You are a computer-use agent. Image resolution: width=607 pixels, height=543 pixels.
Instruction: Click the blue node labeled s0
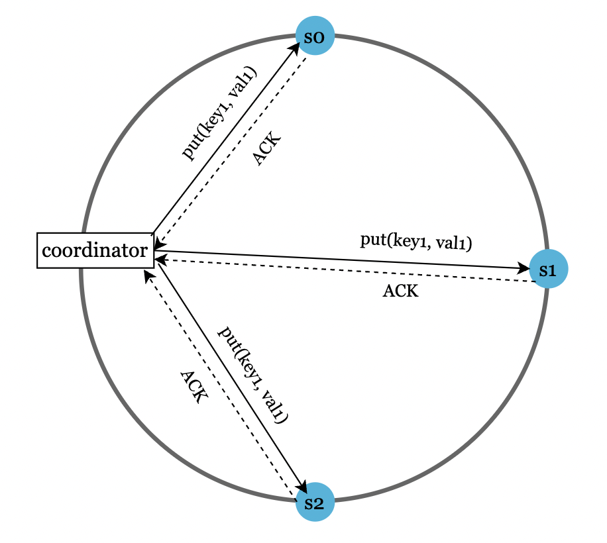pyautogui.click(x=315, y=36)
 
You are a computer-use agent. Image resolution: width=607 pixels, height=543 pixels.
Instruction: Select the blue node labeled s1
pyautogui.click(x=549, y=270)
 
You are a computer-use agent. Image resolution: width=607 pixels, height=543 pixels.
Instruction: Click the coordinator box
pyautogui.click(x=95, y=250)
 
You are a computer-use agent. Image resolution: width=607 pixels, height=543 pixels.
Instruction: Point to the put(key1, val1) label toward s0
pyautogui.click(x=218, y=113)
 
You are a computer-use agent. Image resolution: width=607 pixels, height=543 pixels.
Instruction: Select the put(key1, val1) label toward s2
pyautogui.click(x=254, y=374)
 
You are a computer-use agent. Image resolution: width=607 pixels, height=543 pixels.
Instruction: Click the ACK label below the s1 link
pyautogui.click(x=400, y=291)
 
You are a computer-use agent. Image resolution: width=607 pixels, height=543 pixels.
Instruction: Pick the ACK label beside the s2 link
pyautogui.click(x=194, y=387)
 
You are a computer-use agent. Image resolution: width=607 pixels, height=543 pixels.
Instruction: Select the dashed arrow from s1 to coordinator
pyautogui.click(x=345, y=271)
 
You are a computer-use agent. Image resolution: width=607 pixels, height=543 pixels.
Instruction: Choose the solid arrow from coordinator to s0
pyautogui.click(x=225, y=139)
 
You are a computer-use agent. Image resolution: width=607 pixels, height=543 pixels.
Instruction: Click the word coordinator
pyautogui.click(x=95, y=250)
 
